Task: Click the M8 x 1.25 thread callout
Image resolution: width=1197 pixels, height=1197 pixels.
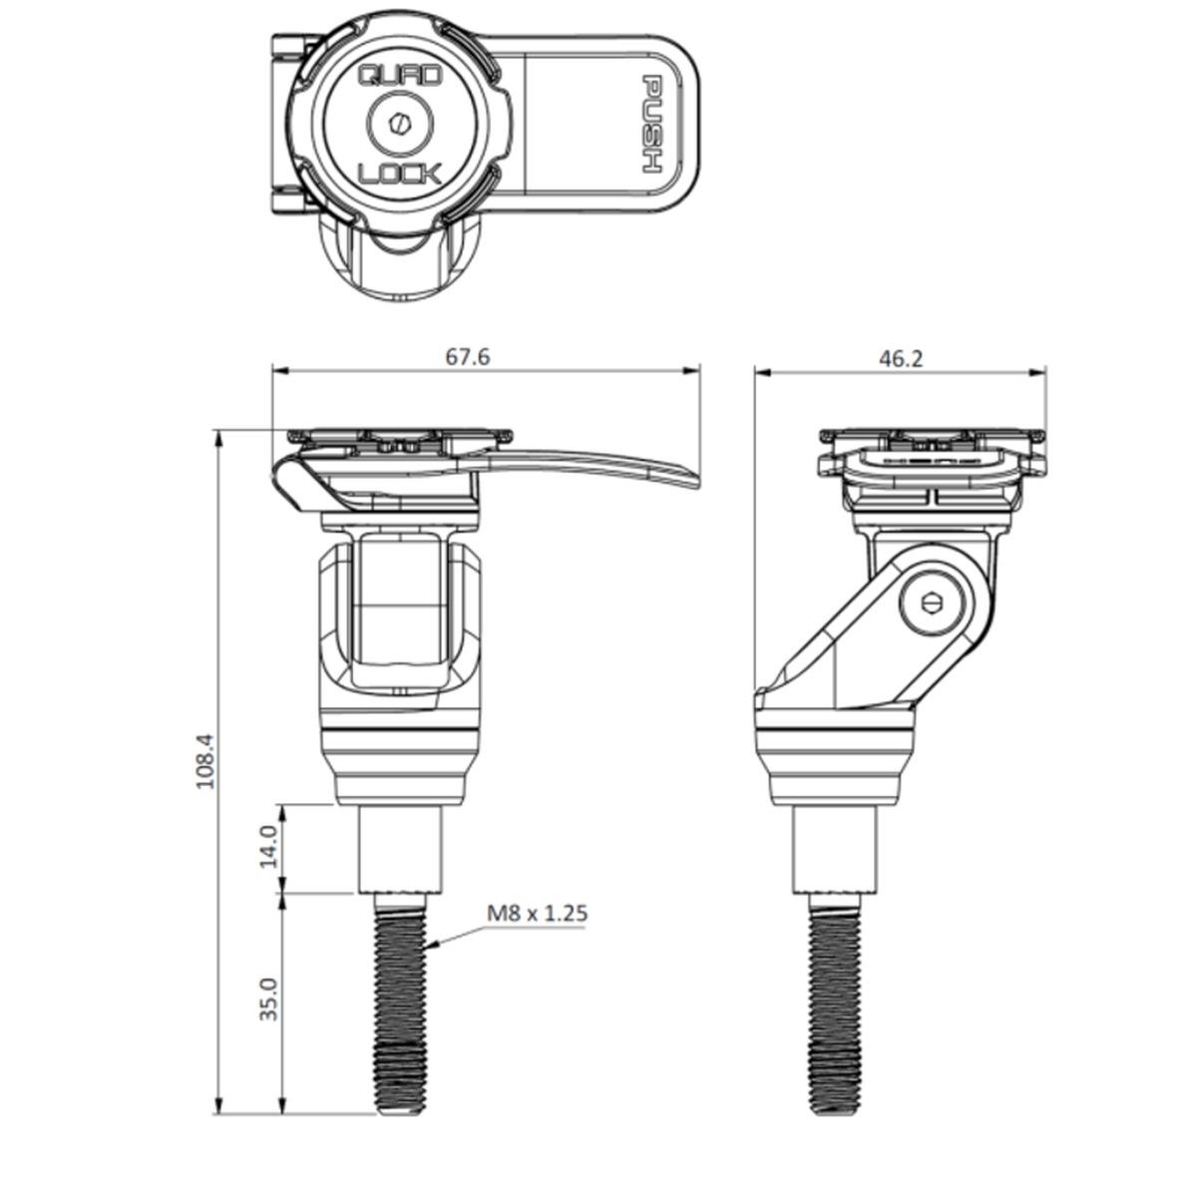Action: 537,913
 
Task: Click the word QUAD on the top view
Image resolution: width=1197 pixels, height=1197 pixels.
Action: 399,77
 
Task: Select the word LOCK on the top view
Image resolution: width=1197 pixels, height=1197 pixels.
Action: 399,174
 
